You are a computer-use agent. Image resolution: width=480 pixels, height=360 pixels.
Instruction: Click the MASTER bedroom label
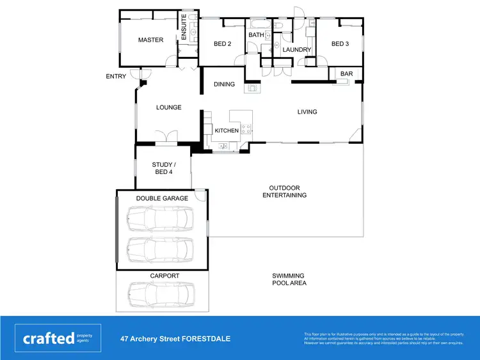coord(150,40)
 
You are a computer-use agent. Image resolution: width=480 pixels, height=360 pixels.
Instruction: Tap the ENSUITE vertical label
coord(184,27)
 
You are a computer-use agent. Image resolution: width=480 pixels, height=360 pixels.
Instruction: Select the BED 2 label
coord(222,44)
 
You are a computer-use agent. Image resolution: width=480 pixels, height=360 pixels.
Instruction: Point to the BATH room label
coord(256,35)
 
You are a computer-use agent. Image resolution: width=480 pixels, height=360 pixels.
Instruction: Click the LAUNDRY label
coord(297,50)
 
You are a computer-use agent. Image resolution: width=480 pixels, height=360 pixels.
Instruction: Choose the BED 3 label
coord(340,44)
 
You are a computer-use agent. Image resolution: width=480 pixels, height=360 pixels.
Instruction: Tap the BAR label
coord(346,74)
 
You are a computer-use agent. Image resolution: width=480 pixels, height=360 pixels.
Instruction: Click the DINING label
coord(224,84)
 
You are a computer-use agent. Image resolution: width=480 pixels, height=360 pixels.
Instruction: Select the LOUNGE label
coord(169,107)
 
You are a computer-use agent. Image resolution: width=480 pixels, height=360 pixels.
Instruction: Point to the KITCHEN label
coord(227,130)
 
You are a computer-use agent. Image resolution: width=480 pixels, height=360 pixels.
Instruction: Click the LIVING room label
coord(307,112)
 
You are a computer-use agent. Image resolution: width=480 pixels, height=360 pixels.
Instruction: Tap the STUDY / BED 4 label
coord(163,168)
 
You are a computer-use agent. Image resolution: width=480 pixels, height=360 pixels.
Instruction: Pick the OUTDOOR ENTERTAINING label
coord(284,192)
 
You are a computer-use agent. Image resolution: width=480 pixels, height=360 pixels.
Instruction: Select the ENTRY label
coord(116,77)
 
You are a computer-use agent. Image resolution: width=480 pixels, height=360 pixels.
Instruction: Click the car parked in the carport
coord(160,295)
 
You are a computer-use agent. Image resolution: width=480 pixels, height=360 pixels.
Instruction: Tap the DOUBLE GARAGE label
coord(162,198)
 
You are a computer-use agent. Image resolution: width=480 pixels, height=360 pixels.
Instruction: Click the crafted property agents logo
coord(58,338)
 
